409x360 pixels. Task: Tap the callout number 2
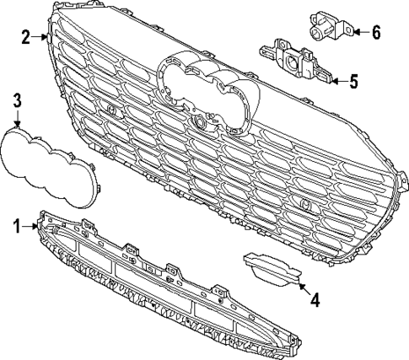click(26, 36)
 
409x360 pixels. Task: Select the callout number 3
click(17, 102)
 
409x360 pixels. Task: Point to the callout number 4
click(314, 298)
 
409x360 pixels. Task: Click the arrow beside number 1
click(32, 225)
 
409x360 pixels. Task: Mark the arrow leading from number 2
click(42, 36)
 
